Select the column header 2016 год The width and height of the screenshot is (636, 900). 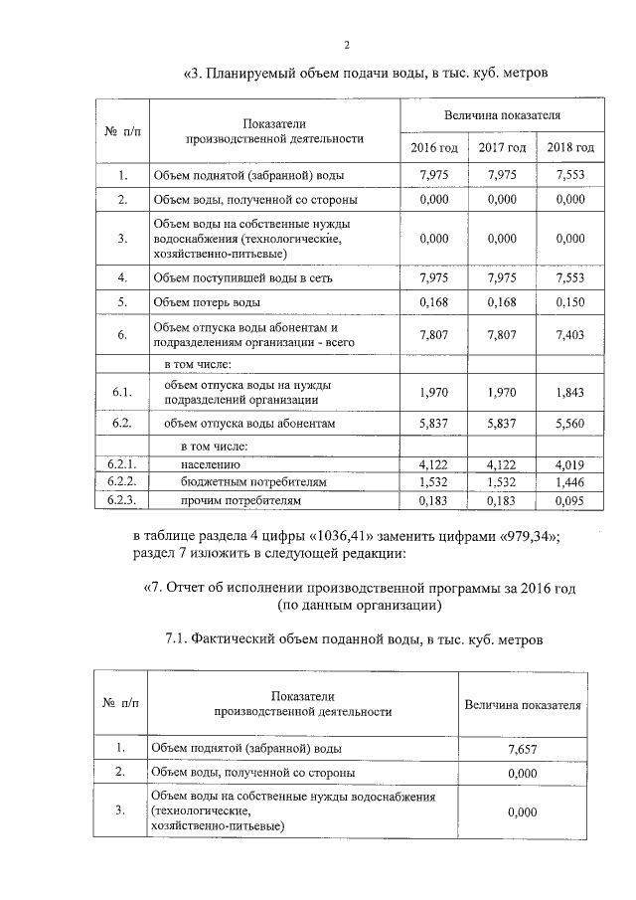point(433,147)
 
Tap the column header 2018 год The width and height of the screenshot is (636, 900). point(570,147)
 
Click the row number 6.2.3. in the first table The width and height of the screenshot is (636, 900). point(121,499)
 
